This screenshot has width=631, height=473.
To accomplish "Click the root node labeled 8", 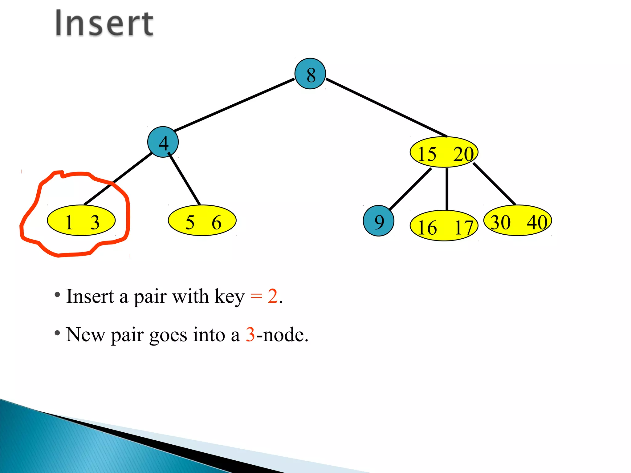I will coord(310,74).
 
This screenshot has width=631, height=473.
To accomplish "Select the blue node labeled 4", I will coord(163,142).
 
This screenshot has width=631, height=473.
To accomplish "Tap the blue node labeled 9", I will coord(378,221).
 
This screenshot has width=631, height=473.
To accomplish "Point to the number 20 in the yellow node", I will coord(463,154).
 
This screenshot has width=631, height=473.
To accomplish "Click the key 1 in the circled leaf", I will coord(69,222).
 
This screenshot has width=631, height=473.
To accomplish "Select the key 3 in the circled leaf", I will coord(95,222).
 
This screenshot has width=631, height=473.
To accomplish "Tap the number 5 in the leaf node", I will coord(190,222).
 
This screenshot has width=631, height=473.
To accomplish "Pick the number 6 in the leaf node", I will coord(216,222).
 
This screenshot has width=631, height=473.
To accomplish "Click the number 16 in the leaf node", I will coord(427,228).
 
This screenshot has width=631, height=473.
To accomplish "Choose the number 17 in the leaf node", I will coord(463,228).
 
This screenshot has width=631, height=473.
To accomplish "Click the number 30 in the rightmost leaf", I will coord(500,222).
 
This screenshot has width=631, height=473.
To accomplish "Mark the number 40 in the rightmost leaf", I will coord(537,222).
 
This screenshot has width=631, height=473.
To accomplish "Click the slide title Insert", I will coord(104,24).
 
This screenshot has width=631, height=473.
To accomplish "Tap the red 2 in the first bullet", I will coord(272,296).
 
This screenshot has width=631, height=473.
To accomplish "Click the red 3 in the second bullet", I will coord(250,334).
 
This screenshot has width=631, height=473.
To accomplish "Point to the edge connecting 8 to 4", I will coord(234,105).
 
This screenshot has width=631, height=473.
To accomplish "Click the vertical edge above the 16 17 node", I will coord(447,189).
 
